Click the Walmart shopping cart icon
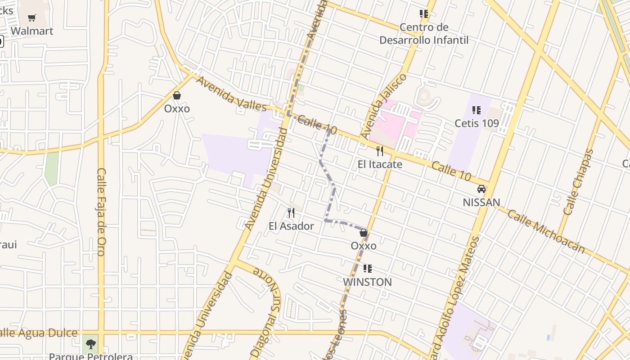coord(31,18)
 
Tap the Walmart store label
coord(32,31)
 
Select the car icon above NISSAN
coord(481,189)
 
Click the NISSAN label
coord(481,202)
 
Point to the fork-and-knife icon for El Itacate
coord(380,151)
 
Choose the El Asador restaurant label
coord(291,226)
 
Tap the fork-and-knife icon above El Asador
coord(291,212)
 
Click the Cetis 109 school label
coord(477,123)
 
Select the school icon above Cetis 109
coord(477,110)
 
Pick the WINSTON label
coord(367,282)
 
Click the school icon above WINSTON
coord(367,269)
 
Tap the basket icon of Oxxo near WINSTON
coord(364,233)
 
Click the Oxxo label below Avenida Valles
coord(177,108)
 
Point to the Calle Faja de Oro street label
coord(101,211)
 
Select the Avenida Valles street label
coord(231,94)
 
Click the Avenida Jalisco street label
coord(383,106)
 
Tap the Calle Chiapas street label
coord(578,182)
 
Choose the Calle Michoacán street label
coord(546,231)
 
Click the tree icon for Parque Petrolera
coord(91,344)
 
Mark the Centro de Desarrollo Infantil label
coord(424,34)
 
